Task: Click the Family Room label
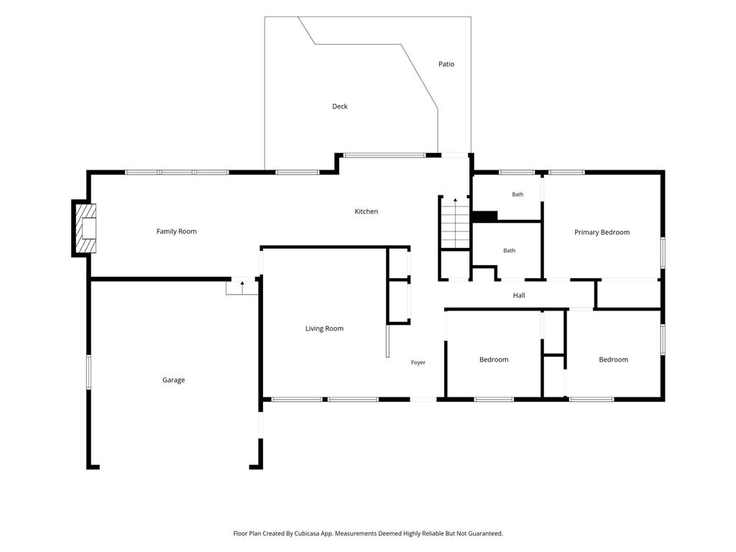pyautogui.click(x=177, y=231)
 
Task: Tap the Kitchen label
pyautogui.click(x=366, y=212)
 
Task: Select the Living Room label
pyautogui.click(x=324, y=328)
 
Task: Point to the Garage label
pyautogui.click(x=174, y=380)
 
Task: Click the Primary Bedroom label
pyautogui.click(x=602, y=232)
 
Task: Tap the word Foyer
pyautogui.click(x=418, y=362)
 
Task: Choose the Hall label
pyautogui.click(x=519, y=295)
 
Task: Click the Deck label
pyautogui.click(x=340, y=106)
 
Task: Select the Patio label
pyautogui.click(x=446, y=64)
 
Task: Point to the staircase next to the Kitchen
pyautogui.click(x=455, y=224)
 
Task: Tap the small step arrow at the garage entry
pyautogui.click(x=242, y=287)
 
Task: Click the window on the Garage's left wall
pyautogui.click(x=88, y=372)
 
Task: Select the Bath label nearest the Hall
pyautogui.click(x=510, y=251)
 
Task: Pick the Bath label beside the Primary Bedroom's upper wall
pyautogui.click(x=517, y=194)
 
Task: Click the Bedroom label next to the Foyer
pyautogui.click(x=494, y=359)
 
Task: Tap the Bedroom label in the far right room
pyautogui.click(x=614, y=359)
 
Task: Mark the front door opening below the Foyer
pyautogui.click(x=423, y=400)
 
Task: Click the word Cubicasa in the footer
pyautogui.click(x=308, y=534)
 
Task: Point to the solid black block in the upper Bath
pyautogui.click(x=485, y=217)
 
